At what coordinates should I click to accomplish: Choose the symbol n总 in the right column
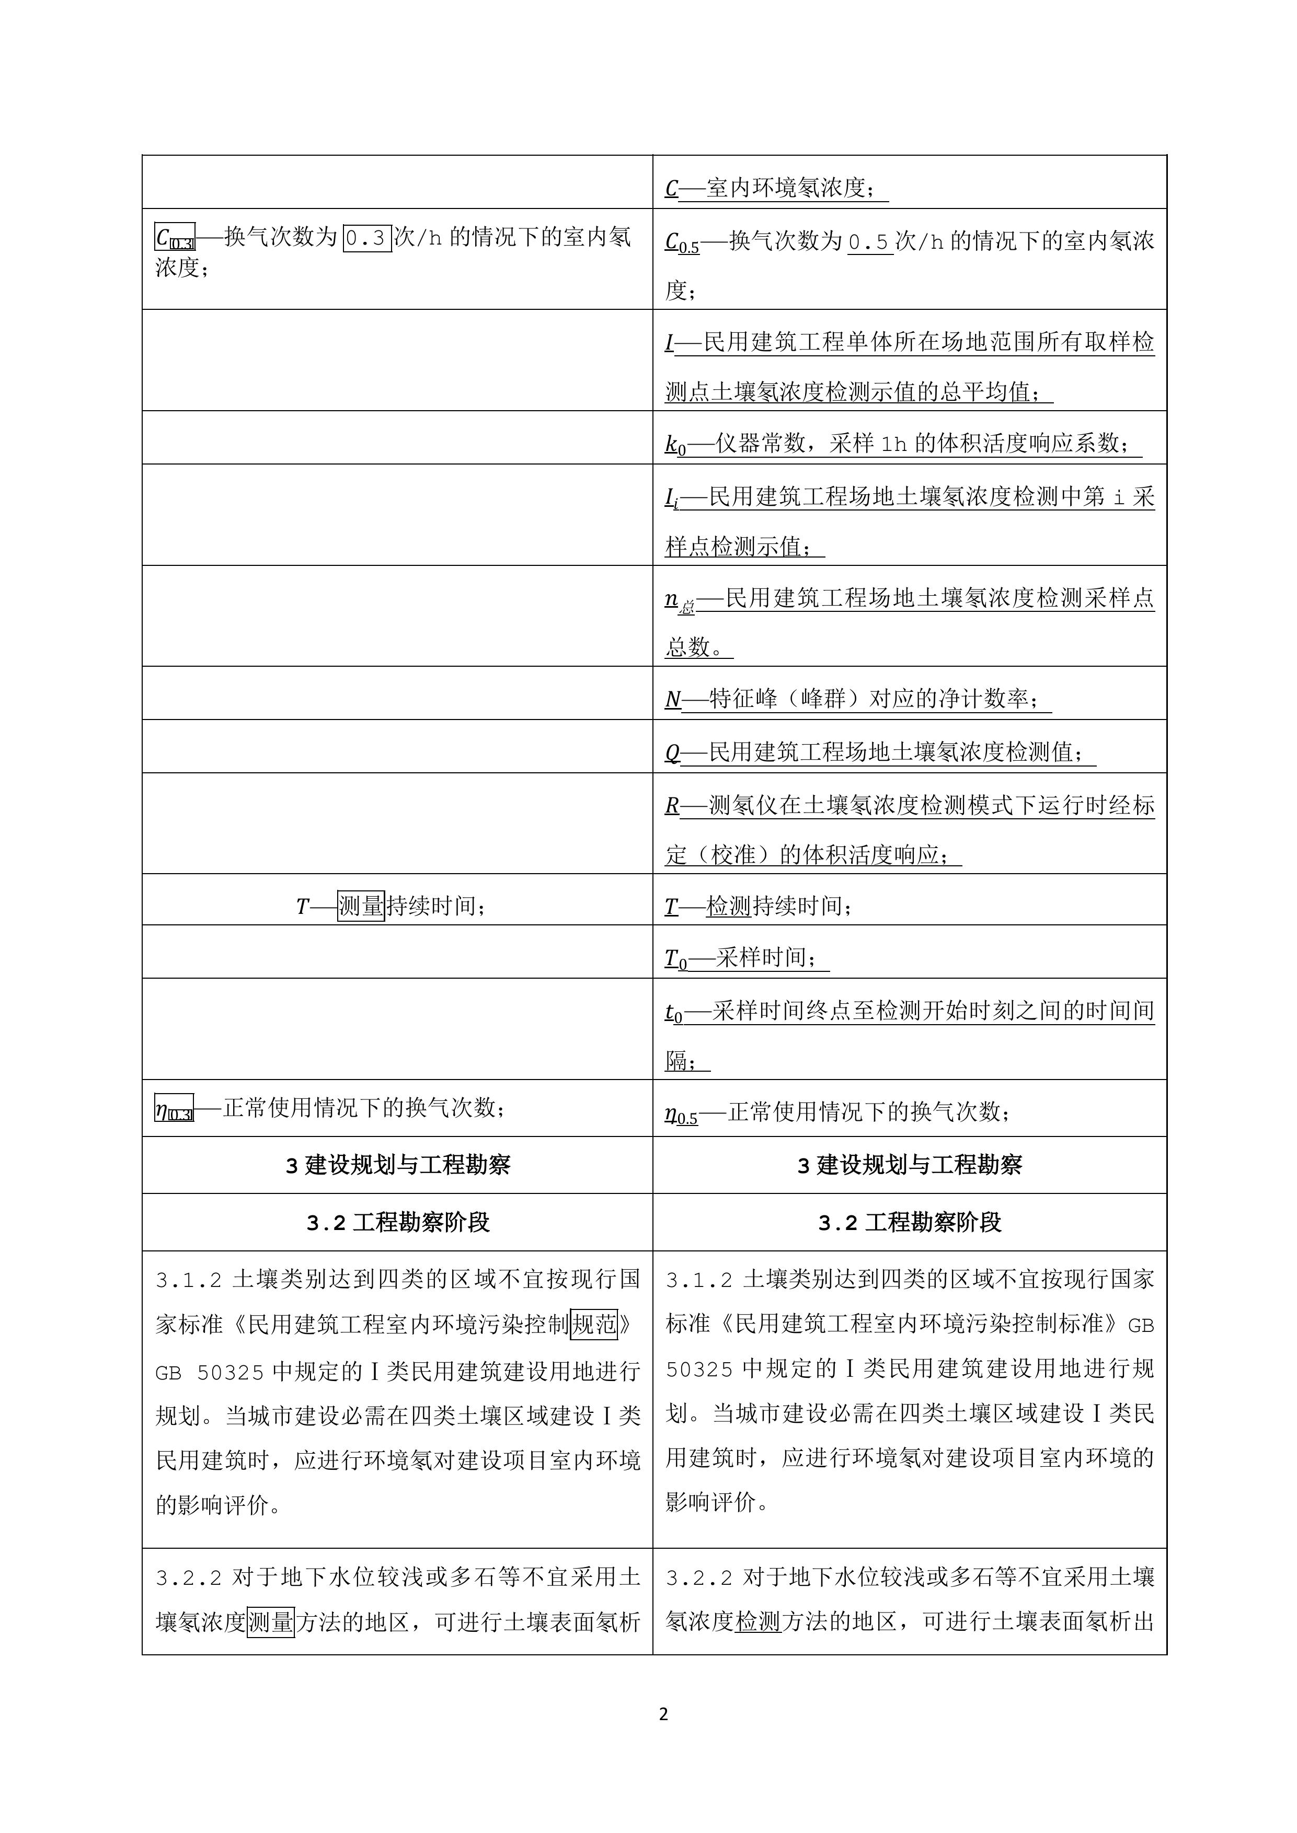click(680, 600)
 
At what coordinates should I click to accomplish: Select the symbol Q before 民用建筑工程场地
click(672, 753)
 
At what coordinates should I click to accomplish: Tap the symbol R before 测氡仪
click(672, 806)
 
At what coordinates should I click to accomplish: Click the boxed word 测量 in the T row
click(361, 906)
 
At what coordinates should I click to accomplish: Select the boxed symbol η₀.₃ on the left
click(174, 1109)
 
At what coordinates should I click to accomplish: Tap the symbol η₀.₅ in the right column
click(681, 1112)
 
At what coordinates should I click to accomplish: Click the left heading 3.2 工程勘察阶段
click(398, 1222)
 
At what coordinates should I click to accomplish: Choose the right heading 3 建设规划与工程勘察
click(910, 1166)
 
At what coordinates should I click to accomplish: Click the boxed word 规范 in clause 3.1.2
click(594, 1325)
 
